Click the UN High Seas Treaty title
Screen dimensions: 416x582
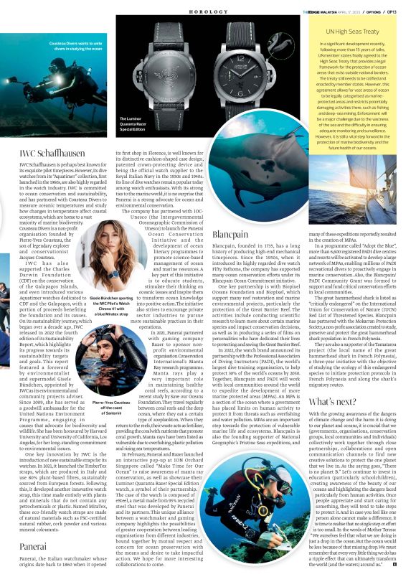coord(351,32)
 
